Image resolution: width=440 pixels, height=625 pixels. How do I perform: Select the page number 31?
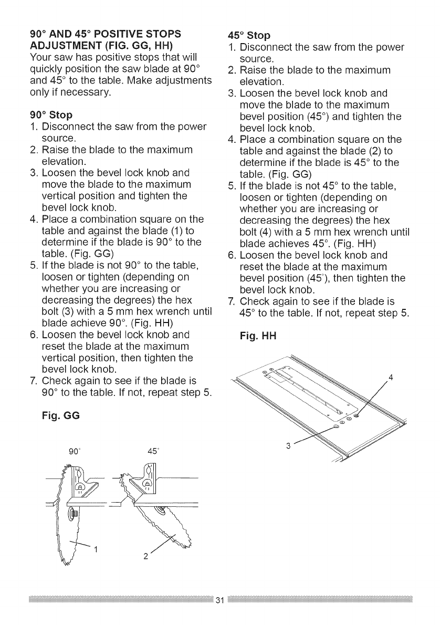click(x=220, y=600)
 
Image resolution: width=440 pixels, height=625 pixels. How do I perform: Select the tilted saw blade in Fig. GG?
click(x=163, y=530)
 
